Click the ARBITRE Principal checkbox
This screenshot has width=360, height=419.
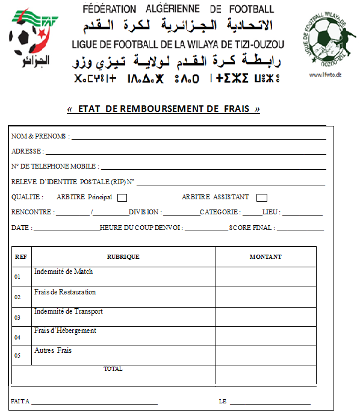click(x=122, y=197)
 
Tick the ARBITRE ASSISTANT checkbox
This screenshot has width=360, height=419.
click(x=261, y=197)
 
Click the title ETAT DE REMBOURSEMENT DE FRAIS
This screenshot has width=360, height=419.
click(x=164, y=109)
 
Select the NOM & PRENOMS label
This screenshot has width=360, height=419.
click(x=40, y=137)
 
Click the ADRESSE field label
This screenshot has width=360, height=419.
click(x=26, y=152)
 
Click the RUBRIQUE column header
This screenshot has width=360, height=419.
click(x=123, y=257)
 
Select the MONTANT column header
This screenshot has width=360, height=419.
click(x=265, y=257)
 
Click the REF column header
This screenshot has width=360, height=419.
click(x=20, y=257)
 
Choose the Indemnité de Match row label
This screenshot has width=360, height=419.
click(x=63, y=272)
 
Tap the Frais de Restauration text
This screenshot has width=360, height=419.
click(x=65, y=292)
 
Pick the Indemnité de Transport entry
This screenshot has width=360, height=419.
click(x=68, y=311)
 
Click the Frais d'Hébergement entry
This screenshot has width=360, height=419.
click(x=65, y=331)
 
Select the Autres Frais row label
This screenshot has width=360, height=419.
click(x=53, y=350)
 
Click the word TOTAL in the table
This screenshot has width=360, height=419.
click(x=113, y=368)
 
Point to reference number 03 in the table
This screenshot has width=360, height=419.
click(x=17, y=317)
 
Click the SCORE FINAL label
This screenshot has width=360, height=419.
click(x=252, y=228)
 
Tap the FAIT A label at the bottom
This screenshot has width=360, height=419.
click(x=19, y=402)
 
